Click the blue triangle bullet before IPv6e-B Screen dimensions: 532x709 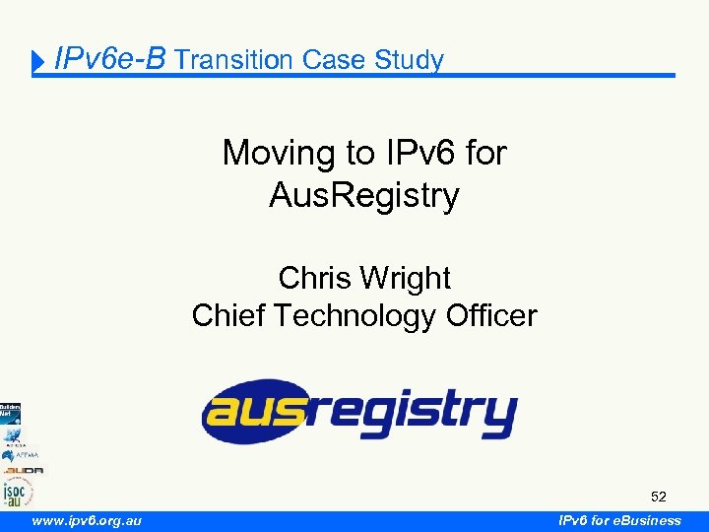(39, 64)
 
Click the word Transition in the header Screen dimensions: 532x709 (234, 60)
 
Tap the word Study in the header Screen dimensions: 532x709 (409, 60)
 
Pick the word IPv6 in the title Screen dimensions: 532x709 (411, 153)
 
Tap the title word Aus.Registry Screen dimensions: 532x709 (364, 196)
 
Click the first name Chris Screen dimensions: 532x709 (314, 278)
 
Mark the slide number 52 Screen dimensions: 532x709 (659, 496)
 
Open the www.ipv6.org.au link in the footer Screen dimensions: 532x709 (87, 520)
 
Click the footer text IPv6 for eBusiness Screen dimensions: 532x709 (619, 520)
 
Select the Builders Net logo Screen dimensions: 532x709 (10, 414)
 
